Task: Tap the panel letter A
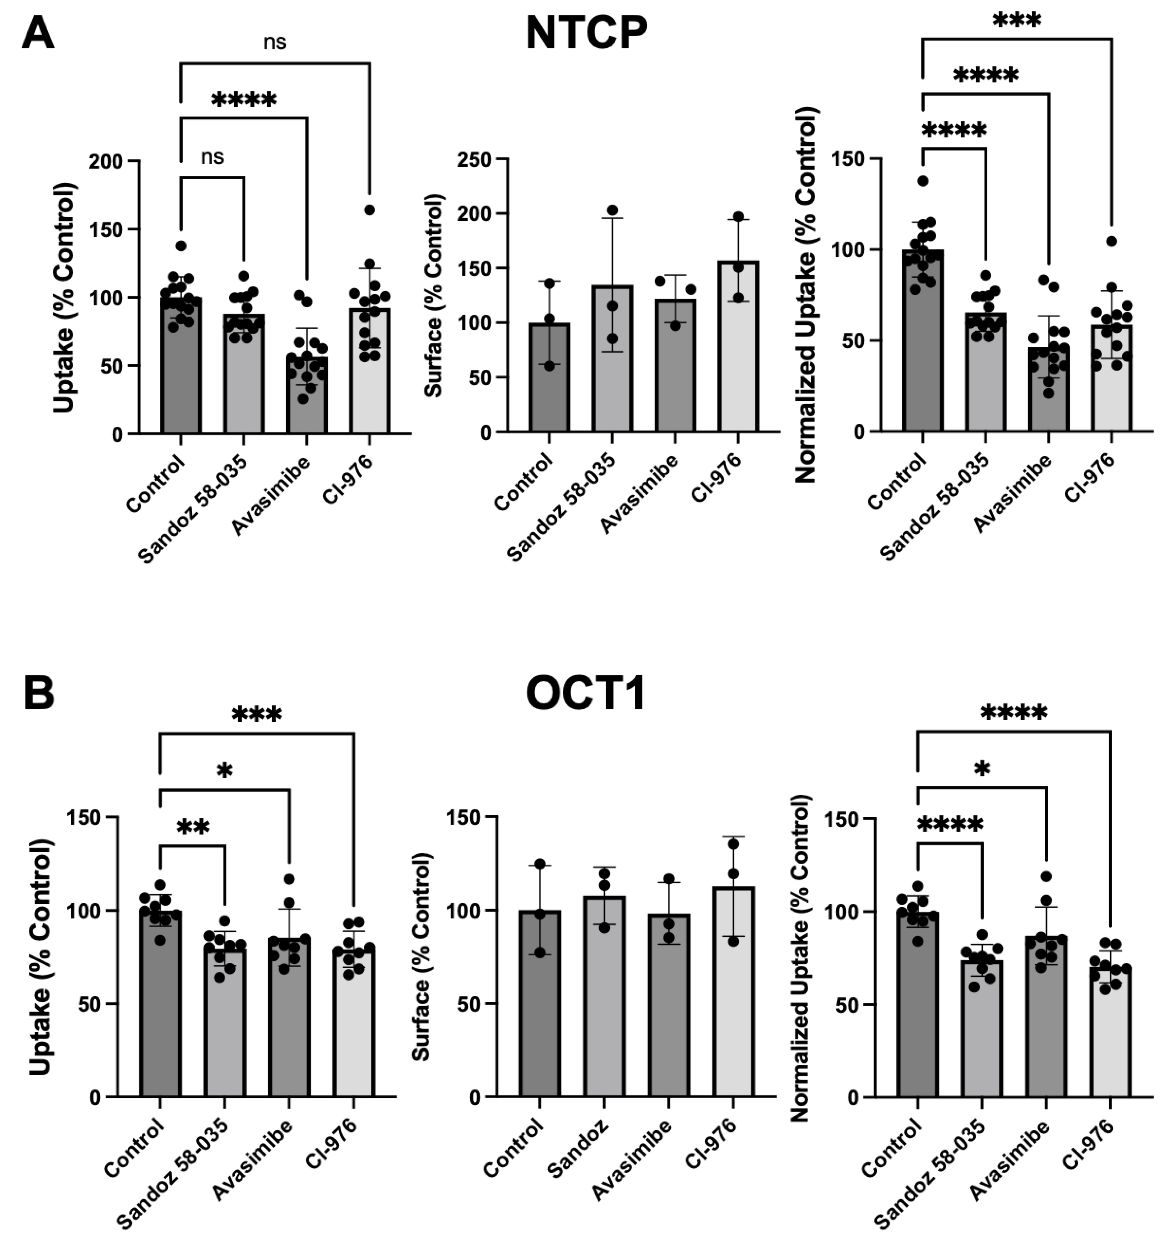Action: [38, 33]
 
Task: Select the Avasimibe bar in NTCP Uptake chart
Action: [307, 395]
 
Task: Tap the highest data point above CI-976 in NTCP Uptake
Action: [369, 210]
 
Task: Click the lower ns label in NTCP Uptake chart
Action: [212, 157]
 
